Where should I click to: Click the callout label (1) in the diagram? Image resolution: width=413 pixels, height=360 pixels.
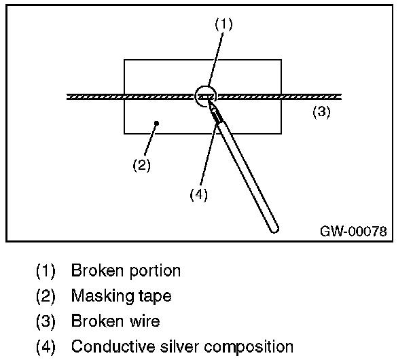click(224, 24)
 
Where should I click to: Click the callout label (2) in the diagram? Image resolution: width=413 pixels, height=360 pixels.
click(141, 164)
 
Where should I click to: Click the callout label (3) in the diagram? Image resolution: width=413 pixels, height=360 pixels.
click(321, 112)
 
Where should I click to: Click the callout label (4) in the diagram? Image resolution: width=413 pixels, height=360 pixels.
click(198, 194)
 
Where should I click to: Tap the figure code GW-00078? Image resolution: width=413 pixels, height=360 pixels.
click(353, 232)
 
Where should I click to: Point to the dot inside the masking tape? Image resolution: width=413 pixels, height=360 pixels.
click(157, 123)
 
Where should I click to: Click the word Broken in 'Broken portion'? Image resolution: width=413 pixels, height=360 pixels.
click(95, 270)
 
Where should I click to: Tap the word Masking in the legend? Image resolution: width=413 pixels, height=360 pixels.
click(100, 296)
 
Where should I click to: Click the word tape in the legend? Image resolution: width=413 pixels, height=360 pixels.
click(154, 297)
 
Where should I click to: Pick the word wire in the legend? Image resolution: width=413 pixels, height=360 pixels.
click(142, 321)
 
